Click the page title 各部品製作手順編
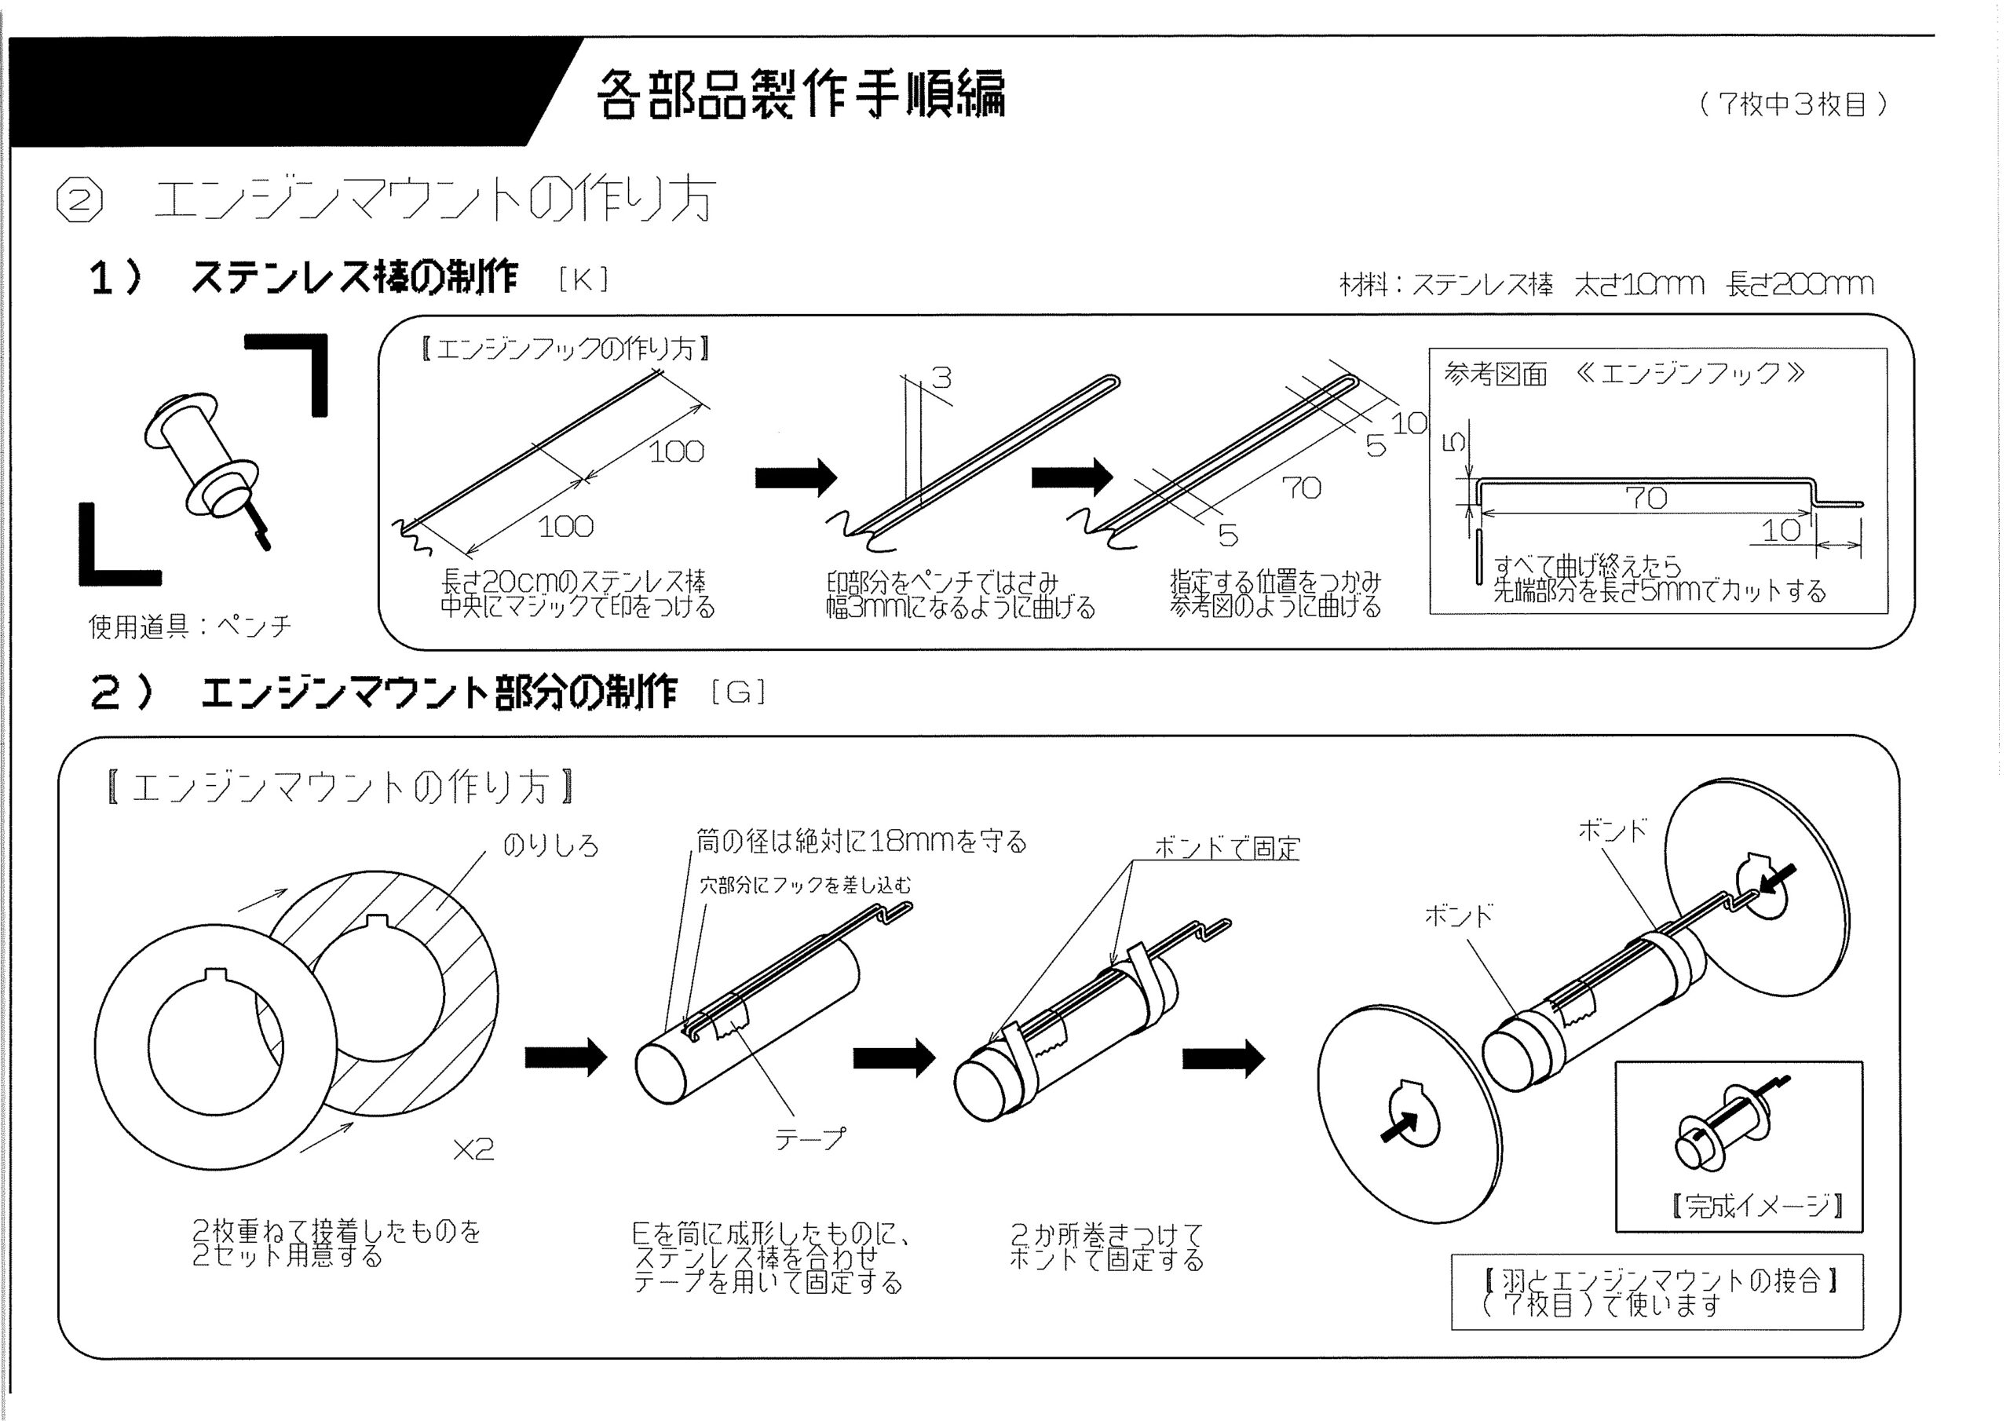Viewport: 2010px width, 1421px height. click(x=801, y=93)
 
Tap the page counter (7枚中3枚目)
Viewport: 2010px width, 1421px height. click(x=1793, y=104)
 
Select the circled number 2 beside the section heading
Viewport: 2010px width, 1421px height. click(x=79, y=200)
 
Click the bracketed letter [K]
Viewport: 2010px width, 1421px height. click(x=583, y=279)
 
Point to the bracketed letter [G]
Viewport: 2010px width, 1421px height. click(x=739, y=692)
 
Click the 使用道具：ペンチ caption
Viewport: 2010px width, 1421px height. click(x=190, y=625)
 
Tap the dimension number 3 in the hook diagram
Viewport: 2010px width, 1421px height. click(x=941, y=378)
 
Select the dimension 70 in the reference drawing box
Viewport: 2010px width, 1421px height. click(x=1646, y=499)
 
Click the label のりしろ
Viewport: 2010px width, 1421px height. click(x=550, y=845)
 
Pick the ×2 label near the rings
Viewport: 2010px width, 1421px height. click(x=473, y=1149)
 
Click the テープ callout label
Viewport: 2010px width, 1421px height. click(x=810, y=1138)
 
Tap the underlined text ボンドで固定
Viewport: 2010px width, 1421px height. click(x=1227, y=848)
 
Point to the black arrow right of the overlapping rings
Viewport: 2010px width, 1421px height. click(x=565, y=1057)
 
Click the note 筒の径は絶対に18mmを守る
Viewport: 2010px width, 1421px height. click(x=861, y=842)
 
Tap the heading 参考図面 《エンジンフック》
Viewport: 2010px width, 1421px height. click(x=1624, y=374)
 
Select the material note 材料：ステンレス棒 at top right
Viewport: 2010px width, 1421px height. click(x=1446, y=283)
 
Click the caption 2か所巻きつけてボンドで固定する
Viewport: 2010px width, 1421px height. click(x=1106, y=1247)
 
